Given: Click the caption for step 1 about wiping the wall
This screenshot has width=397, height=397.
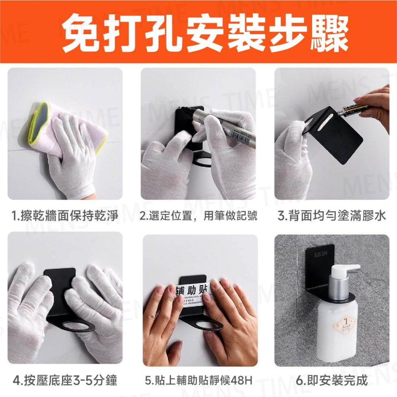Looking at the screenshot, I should click(65, 216).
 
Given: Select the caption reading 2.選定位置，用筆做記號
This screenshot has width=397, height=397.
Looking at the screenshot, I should click(198, 216).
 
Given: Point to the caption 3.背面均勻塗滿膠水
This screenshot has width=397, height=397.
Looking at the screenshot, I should click(331, 216).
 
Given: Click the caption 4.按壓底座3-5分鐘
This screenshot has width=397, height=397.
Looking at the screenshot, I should click(65, 381).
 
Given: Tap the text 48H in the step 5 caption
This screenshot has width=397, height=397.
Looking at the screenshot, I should click(243, 381).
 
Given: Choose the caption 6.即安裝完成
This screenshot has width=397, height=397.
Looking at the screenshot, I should click(331, 381).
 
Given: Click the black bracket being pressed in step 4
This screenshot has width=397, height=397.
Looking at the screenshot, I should click(60, 286).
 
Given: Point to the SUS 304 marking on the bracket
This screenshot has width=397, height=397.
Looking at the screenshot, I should click(320, 254).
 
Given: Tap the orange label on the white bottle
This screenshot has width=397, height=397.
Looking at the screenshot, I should click(343, 326).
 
